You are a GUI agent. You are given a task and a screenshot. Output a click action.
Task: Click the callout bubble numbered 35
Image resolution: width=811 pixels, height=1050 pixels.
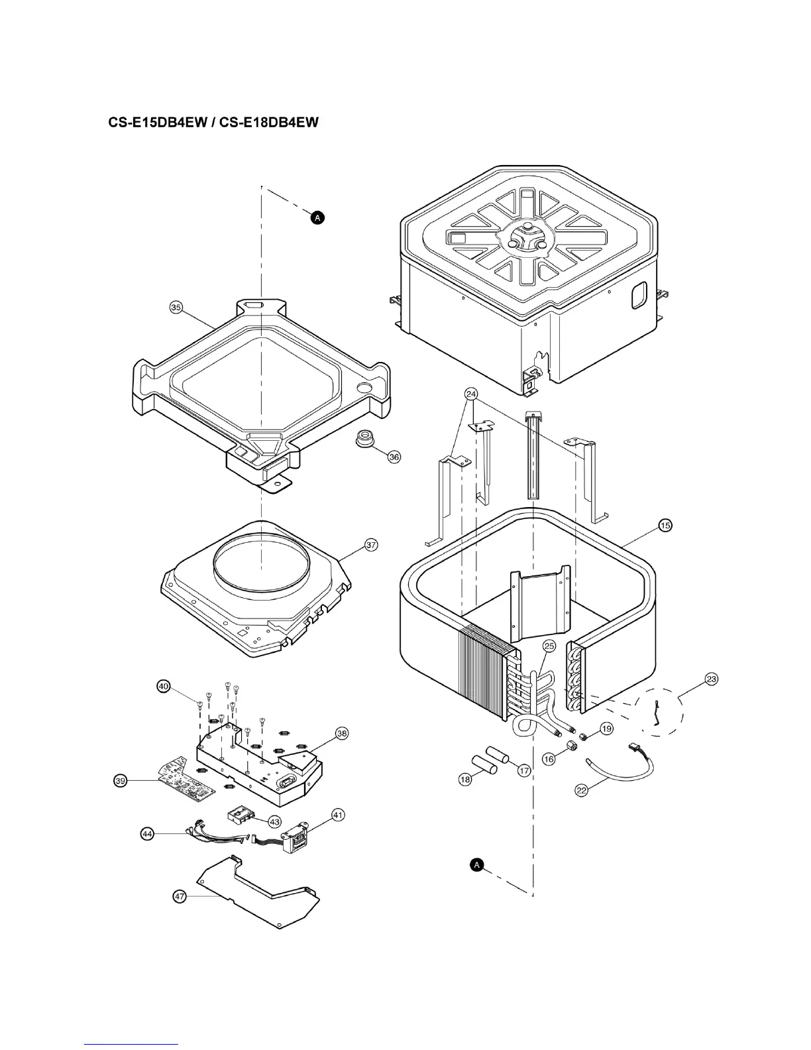pos(176,307)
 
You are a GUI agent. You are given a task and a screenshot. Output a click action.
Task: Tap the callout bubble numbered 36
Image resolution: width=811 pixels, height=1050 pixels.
pos(394,457)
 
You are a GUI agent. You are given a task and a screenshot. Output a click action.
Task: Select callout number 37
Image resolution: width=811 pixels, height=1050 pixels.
pos(371,545)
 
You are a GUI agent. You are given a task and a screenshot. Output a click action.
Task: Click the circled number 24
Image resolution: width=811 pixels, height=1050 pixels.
pos(471,393)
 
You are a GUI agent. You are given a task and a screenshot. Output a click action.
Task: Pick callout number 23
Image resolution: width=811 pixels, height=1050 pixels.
pos(712,679)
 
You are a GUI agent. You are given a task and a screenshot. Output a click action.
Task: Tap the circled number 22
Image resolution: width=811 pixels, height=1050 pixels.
pos(581,790)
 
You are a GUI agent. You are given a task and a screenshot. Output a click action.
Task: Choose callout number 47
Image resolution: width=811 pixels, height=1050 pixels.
pos(179,896)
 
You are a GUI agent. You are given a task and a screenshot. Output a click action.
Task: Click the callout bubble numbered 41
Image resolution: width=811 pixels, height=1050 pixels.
pos(338,815)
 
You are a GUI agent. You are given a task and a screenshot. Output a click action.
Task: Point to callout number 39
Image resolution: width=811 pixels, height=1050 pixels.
pos(120,782)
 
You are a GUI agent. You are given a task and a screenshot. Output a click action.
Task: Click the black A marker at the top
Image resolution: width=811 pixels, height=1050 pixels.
pos(317,217)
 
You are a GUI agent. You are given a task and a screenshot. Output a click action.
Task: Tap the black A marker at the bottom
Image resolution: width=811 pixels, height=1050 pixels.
pos(476,864)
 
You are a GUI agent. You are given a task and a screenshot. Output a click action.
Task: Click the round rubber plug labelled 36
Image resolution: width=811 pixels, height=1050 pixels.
pos(364,438)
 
